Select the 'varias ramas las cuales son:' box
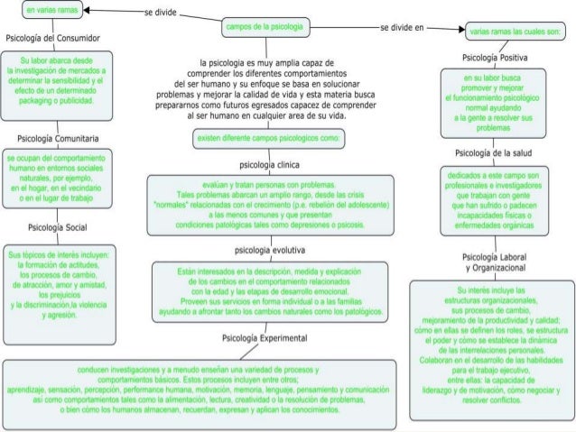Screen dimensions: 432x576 tap(514, 32)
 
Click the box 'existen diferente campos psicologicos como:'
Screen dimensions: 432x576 tap(267, 139)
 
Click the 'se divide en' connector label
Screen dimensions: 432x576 tap(402, 28)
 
